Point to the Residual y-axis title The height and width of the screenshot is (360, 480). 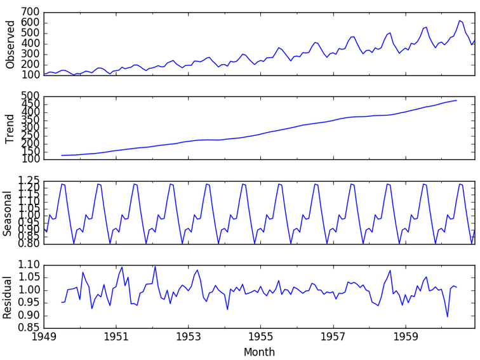click(8, 297)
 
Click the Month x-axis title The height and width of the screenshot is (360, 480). click(259, 352)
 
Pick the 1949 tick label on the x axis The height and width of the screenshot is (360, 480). click(43, 337)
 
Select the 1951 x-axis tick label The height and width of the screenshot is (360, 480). click(116, 337)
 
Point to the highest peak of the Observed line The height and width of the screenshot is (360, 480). click(459, 20)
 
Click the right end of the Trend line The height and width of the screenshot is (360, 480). click(457, 100)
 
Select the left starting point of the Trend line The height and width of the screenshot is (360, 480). click(62, 155)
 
